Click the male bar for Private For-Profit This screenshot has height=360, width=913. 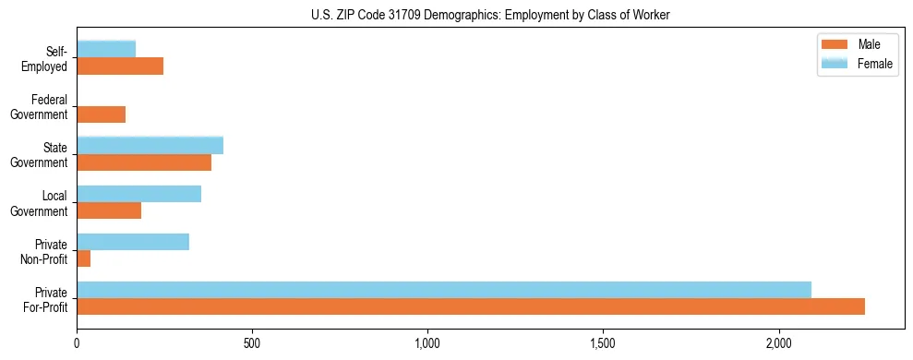pyautogui.click(x=471, y=306)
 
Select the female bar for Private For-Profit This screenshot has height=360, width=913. pyautogui.click(x=444, y=290)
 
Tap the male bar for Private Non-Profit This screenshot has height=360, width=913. pyautogui.click(x=84, y=258)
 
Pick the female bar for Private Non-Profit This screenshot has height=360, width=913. pyautogui.click(x=133, y=242)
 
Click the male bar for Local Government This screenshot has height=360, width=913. pyautogui.click(x=109, y=210)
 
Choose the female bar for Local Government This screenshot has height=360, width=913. pyautogui.click(x=139, y=194)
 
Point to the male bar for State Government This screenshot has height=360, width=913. pyautogui.click(x=144, y=162)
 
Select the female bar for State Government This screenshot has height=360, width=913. pyautogui.click(x=150, y=145)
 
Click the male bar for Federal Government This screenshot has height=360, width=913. pyautogui.click(x=102, y=114)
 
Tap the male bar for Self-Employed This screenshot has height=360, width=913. pyautogui.click(x=120, y=66)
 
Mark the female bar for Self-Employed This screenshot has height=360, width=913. pyautogui.click(x=107, y=49)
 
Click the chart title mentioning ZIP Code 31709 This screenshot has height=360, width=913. pyautogui.click(x=490, y=15)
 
